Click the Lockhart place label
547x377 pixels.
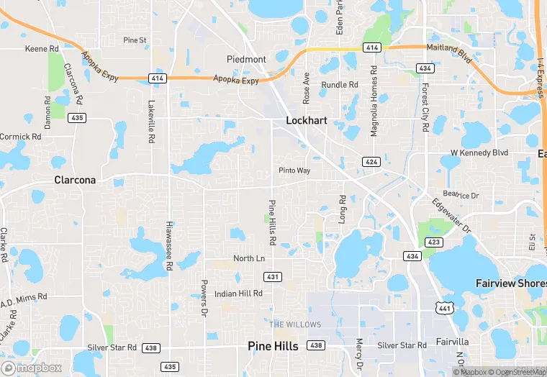click(307, 121)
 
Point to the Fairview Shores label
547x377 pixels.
click(511, 283)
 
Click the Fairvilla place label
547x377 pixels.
click(453, 342)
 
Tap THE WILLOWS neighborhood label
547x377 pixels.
click(295, 324)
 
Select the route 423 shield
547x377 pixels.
click(433, 242)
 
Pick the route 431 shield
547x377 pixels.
click(273, 277)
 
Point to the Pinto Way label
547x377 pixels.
click(294, 171)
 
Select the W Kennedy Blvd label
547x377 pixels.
click(479, 153)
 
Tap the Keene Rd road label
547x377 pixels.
click(42, 49)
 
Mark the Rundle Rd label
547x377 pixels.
click(339, 85)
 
